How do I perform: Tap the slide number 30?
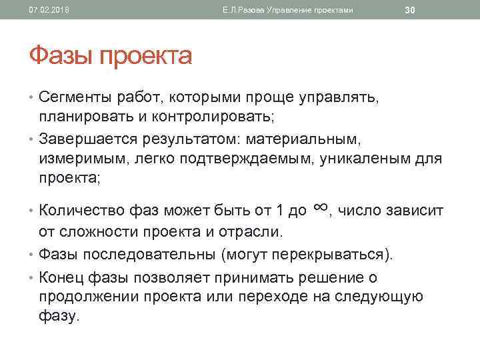point(410,9)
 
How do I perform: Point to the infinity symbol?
point(319,209)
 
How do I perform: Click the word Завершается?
point(87,139)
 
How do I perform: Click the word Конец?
point(64,277)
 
